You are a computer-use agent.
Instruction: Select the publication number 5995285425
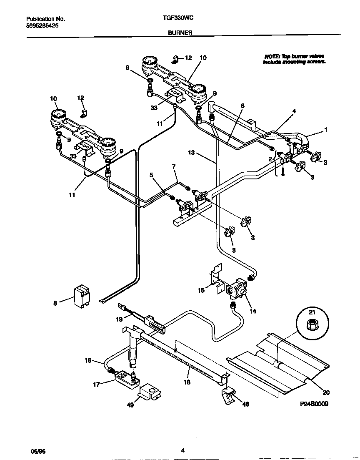pos(42,25)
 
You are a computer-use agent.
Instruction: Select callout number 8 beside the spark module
pos(55,304)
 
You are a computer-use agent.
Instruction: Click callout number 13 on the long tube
pos(191,153)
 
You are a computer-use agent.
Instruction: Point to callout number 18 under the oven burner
pos(187,382)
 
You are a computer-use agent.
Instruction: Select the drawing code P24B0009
pos(314,404)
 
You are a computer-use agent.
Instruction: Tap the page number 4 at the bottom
pos(183,450)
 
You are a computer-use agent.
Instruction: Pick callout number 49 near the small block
pos(130,405)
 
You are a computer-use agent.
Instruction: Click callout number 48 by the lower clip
pos(246,404)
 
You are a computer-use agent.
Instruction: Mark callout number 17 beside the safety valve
pos(96,385)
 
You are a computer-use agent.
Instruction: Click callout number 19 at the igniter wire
pos(119,319)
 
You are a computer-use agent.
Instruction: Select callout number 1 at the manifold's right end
pos(326,130)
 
